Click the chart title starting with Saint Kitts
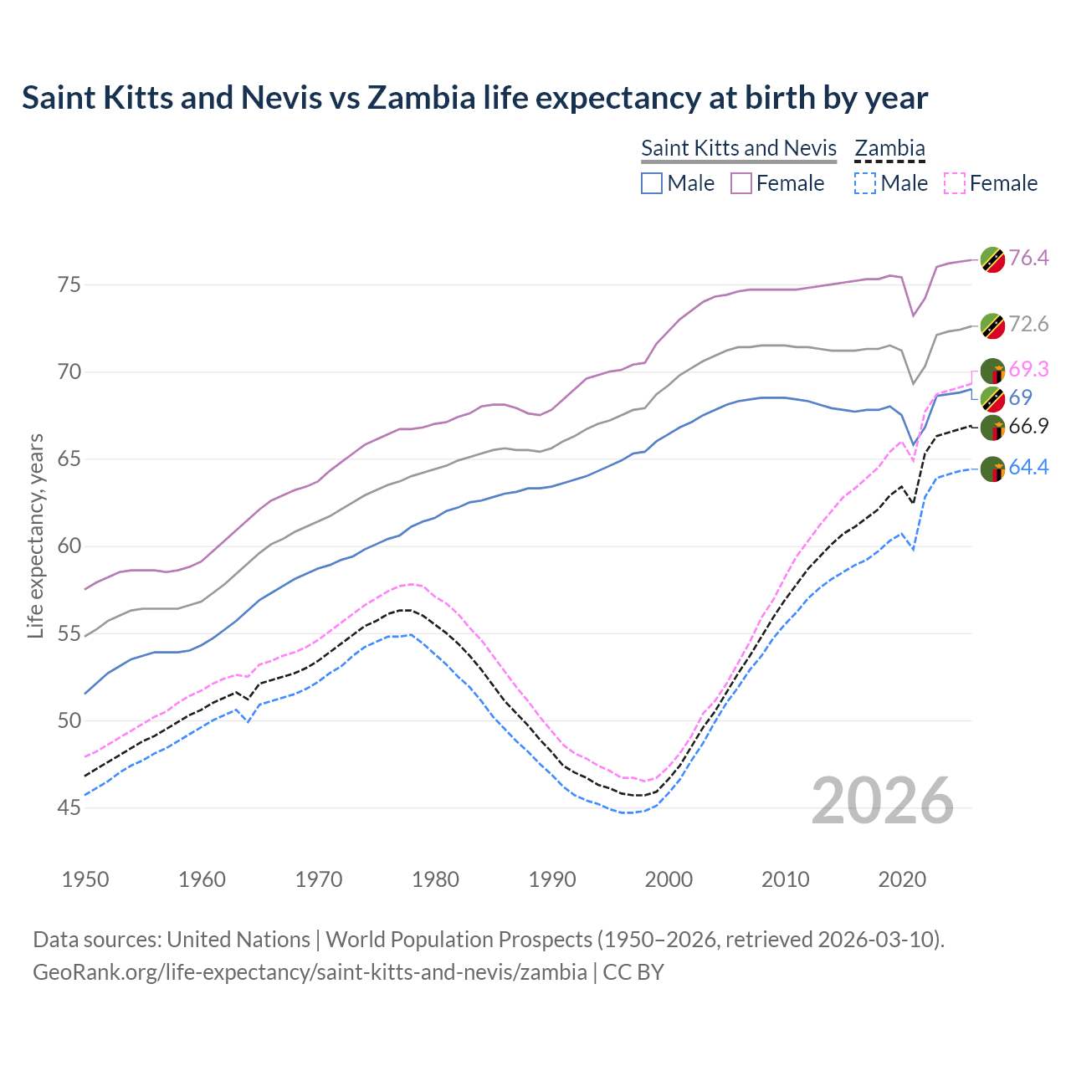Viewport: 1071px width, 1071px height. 474,98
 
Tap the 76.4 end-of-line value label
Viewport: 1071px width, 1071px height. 1028,258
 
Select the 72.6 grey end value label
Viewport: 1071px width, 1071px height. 1028,325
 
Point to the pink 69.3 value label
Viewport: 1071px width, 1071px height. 1028,369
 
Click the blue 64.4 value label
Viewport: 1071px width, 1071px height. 1028,467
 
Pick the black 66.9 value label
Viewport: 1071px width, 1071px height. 1028,427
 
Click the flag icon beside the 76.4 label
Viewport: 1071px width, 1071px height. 992,259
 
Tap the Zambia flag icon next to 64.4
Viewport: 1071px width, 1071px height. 992,469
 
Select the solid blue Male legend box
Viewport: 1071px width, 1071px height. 652,183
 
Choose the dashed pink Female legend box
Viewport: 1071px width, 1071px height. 955,183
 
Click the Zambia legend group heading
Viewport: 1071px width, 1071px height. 889,148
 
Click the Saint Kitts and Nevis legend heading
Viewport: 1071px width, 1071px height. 738,148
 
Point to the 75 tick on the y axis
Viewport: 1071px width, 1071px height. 69,285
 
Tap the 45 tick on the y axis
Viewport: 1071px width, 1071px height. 69,808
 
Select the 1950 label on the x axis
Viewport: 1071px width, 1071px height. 85,879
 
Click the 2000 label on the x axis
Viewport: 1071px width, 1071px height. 669,879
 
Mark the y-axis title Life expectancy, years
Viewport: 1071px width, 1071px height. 35,535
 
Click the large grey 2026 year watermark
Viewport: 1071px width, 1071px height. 882,801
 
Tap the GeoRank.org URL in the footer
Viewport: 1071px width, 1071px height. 310,972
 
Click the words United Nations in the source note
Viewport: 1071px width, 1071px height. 238,940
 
